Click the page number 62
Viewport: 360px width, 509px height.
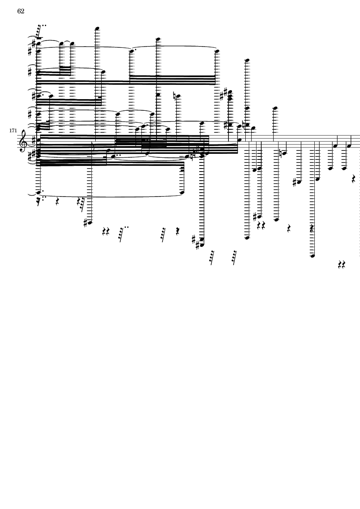pos(21,11)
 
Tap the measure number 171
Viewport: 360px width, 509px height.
pos(13,131)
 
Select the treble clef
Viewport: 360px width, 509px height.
pos(23,140)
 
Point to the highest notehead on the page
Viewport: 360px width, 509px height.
pos(97,28)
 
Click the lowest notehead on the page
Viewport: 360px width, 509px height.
pos(313,256)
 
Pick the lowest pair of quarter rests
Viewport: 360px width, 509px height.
pos(341,265)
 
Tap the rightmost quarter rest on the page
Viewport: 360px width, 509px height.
pos(354,179)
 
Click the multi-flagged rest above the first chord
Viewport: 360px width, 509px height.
pos(40,32)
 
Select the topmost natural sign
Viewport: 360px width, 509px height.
pos(175,96)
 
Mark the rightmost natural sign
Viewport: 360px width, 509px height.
pos(281,153)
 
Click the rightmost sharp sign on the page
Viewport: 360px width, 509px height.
pos(295,183)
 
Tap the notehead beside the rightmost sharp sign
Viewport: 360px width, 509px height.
pos(299,182)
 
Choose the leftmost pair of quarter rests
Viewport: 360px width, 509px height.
pos(106,231)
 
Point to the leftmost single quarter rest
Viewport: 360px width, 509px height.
pos(57,202)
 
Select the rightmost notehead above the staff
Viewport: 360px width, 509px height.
pos(275,108)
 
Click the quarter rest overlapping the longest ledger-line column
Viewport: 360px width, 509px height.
pos(312,228)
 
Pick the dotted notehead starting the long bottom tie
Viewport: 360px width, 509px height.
pos(39,193)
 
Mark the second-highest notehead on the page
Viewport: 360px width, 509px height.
pos(158,39)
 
